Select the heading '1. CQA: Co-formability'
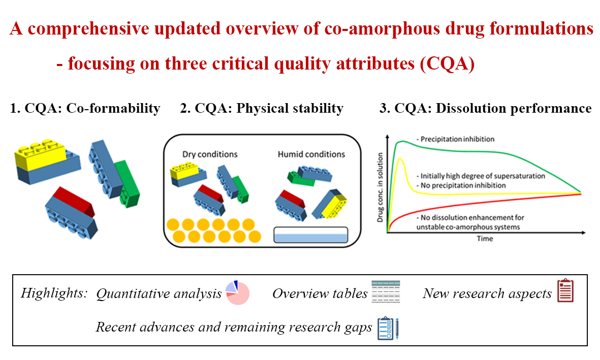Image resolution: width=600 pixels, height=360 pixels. point(85,108)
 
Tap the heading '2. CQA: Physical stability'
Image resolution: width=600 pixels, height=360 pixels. point(262,108)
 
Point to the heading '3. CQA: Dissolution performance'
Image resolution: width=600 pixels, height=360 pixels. point(485,108)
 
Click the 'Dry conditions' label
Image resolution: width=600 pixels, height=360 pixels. point(210,154)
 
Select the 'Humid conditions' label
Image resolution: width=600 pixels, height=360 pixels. point(311,154)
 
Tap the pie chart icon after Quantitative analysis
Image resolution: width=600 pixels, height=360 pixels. point(237,292)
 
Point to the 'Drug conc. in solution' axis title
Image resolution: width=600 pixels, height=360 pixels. point(381,186)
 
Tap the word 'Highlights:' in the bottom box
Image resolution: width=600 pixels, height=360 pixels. point(54,293)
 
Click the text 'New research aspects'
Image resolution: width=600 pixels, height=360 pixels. point(487,293)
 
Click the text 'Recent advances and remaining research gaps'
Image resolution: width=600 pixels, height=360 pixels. point(234,328)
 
